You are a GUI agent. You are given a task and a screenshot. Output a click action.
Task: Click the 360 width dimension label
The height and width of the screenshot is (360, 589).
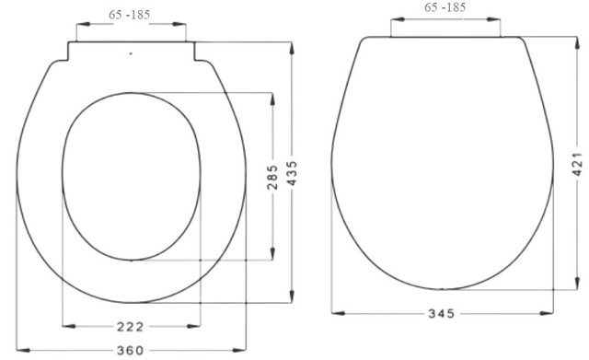click(130, 351)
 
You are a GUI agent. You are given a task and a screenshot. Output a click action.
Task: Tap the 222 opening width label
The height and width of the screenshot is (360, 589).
click(130, 327)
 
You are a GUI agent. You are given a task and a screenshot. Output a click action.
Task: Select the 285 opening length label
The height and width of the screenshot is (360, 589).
click(272, 177)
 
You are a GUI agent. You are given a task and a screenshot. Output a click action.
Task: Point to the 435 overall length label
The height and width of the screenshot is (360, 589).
click(292, 173)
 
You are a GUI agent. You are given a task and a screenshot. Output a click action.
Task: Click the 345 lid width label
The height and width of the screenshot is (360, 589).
click(442, 313)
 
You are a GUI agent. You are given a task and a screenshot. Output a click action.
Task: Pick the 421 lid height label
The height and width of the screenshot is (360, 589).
click(577, 164)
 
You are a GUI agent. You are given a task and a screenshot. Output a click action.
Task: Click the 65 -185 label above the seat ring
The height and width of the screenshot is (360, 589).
click(129, 15)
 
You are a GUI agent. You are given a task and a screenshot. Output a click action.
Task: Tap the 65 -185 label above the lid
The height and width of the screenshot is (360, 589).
click(445, 7)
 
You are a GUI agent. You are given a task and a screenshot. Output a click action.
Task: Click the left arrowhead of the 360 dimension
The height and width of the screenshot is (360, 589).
click(23, 350)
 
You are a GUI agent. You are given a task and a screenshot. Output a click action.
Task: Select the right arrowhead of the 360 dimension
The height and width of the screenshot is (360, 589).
click(239, 350)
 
